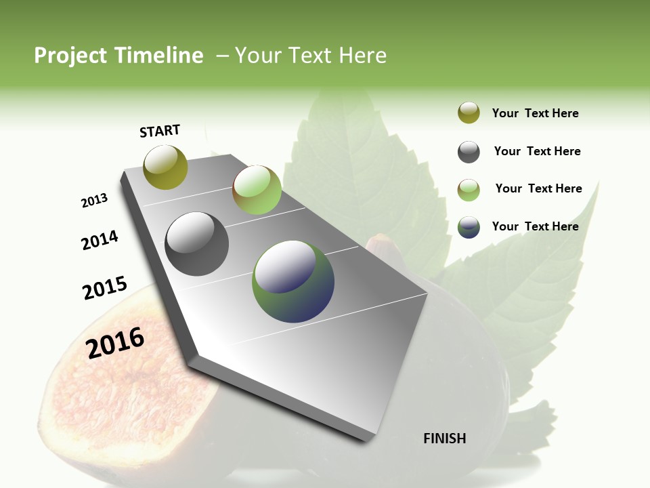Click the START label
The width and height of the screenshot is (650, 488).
pyautogui.click(x=160, y=131)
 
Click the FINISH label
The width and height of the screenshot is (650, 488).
pyautogui.click(x=444, y=439)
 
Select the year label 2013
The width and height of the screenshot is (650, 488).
pyautogui.click(x=94, y=201)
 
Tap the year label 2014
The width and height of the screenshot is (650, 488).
pyautogui.click(x=100, y=240)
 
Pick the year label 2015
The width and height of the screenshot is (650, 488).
pyautogui.click(x=105, y=288)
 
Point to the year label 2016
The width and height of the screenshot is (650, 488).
pyautogui.click(x=115, y=343)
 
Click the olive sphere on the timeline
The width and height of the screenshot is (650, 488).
pyautogui.click(x=165, y=167)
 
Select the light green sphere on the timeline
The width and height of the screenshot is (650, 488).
pyautogui.click(x=257, y=189)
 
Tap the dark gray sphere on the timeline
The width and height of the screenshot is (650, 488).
pyautogui.click(x=196, y=244)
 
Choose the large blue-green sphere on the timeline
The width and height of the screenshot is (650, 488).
pyautogui.click(x=293, y=281)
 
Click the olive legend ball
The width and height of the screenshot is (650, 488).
pyautogui.click(x=469, y=113)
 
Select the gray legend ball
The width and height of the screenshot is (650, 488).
pyautogui.click(x=469, y=152)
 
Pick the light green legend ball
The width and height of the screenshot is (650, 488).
pyautogui.click(x=469, y=190)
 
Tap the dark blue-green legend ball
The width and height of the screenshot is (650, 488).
pyautogui.click(x=469, y=227)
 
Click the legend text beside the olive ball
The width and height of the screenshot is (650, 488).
pyautogui.click(x=535, y=113)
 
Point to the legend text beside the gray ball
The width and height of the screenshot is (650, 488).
pyautogui.click(x=537, y=151)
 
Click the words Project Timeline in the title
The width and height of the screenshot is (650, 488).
pyautogui.click(x=118, y=56)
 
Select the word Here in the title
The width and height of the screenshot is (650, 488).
pyautogui.click(x=362, y=56)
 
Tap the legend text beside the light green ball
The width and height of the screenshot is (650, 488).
pyautogui.click(x=538, y=188)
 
